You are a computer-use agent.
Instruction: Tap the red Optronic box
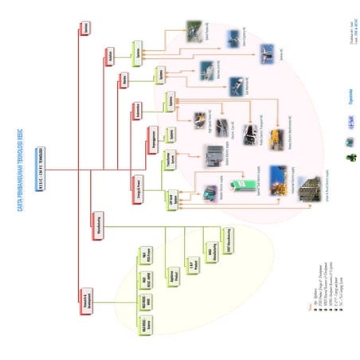85,29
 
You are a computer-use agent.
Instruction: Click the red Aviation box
109,56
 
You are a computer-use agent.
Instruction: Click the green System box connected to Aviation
139,52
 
